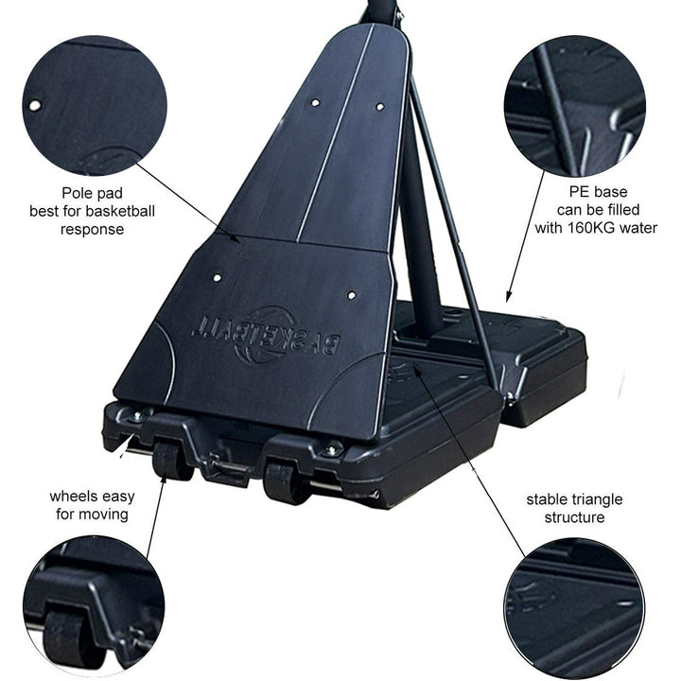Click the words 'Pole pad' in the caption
92,193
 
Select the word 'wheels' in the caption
73,496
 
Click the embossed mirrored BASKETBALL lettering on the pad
266,338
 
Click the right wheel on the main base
283,482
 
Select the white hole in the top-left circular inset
35,105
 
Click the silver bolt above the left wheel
137,417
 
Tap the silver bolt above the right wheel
333,449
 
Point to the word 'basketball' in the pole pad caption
122,211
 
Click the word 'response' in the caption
92,229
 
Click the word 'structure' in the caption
575,517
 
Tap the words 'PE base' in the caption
598,191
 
